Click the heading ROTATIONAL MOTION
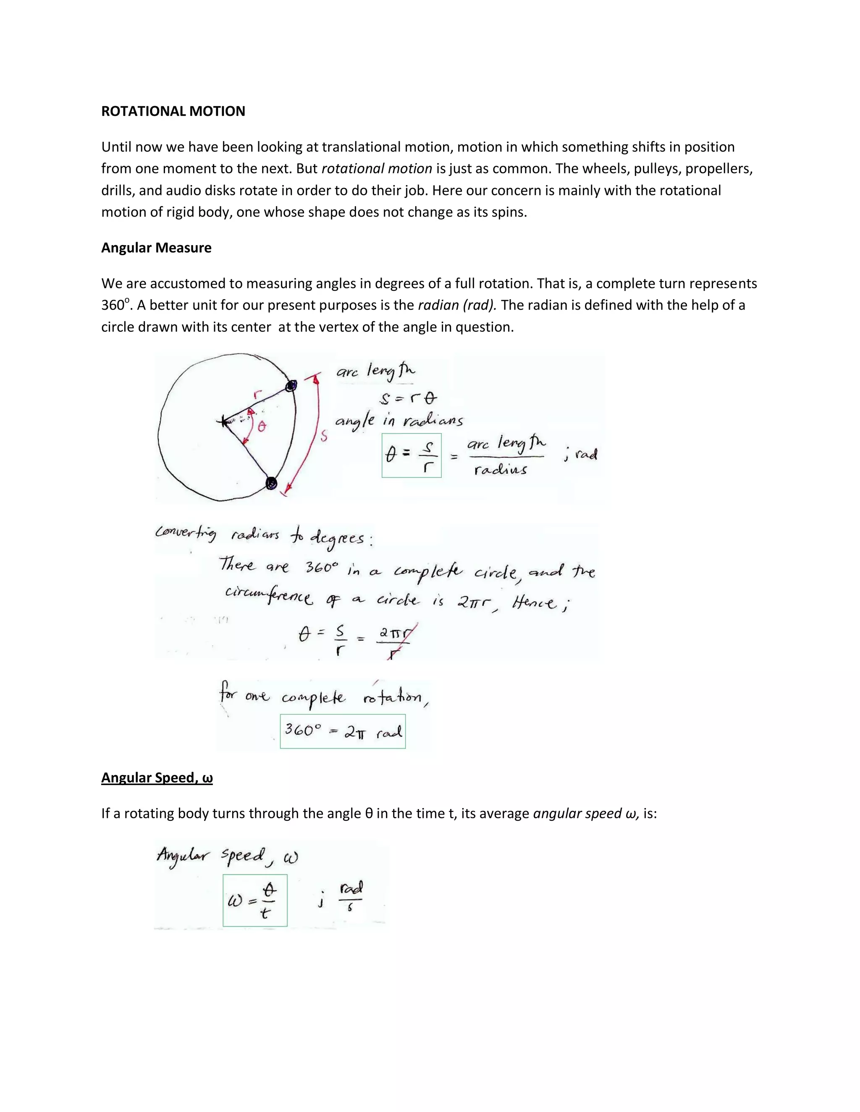tap(173, 111)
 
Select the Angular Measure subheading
tap(156, 248)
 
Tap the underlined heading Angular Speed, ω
tap(157, 778)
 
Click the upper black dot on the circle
tap(291, 386)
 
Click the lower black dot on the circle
tap(272, 482)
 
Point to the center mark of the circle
tap(223, 421)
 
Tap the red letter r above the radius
tap(257, 393)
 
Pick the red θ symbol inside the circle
tap(261, 427)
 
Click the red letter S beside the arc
tap(323, 436)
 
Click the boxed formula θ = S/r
tap(412, 455)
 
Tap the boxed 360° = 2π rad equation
tap(343, 731)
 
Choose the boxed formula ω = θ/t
tap(255, 900)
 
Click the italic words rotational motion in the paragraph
tap(377, 169)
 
